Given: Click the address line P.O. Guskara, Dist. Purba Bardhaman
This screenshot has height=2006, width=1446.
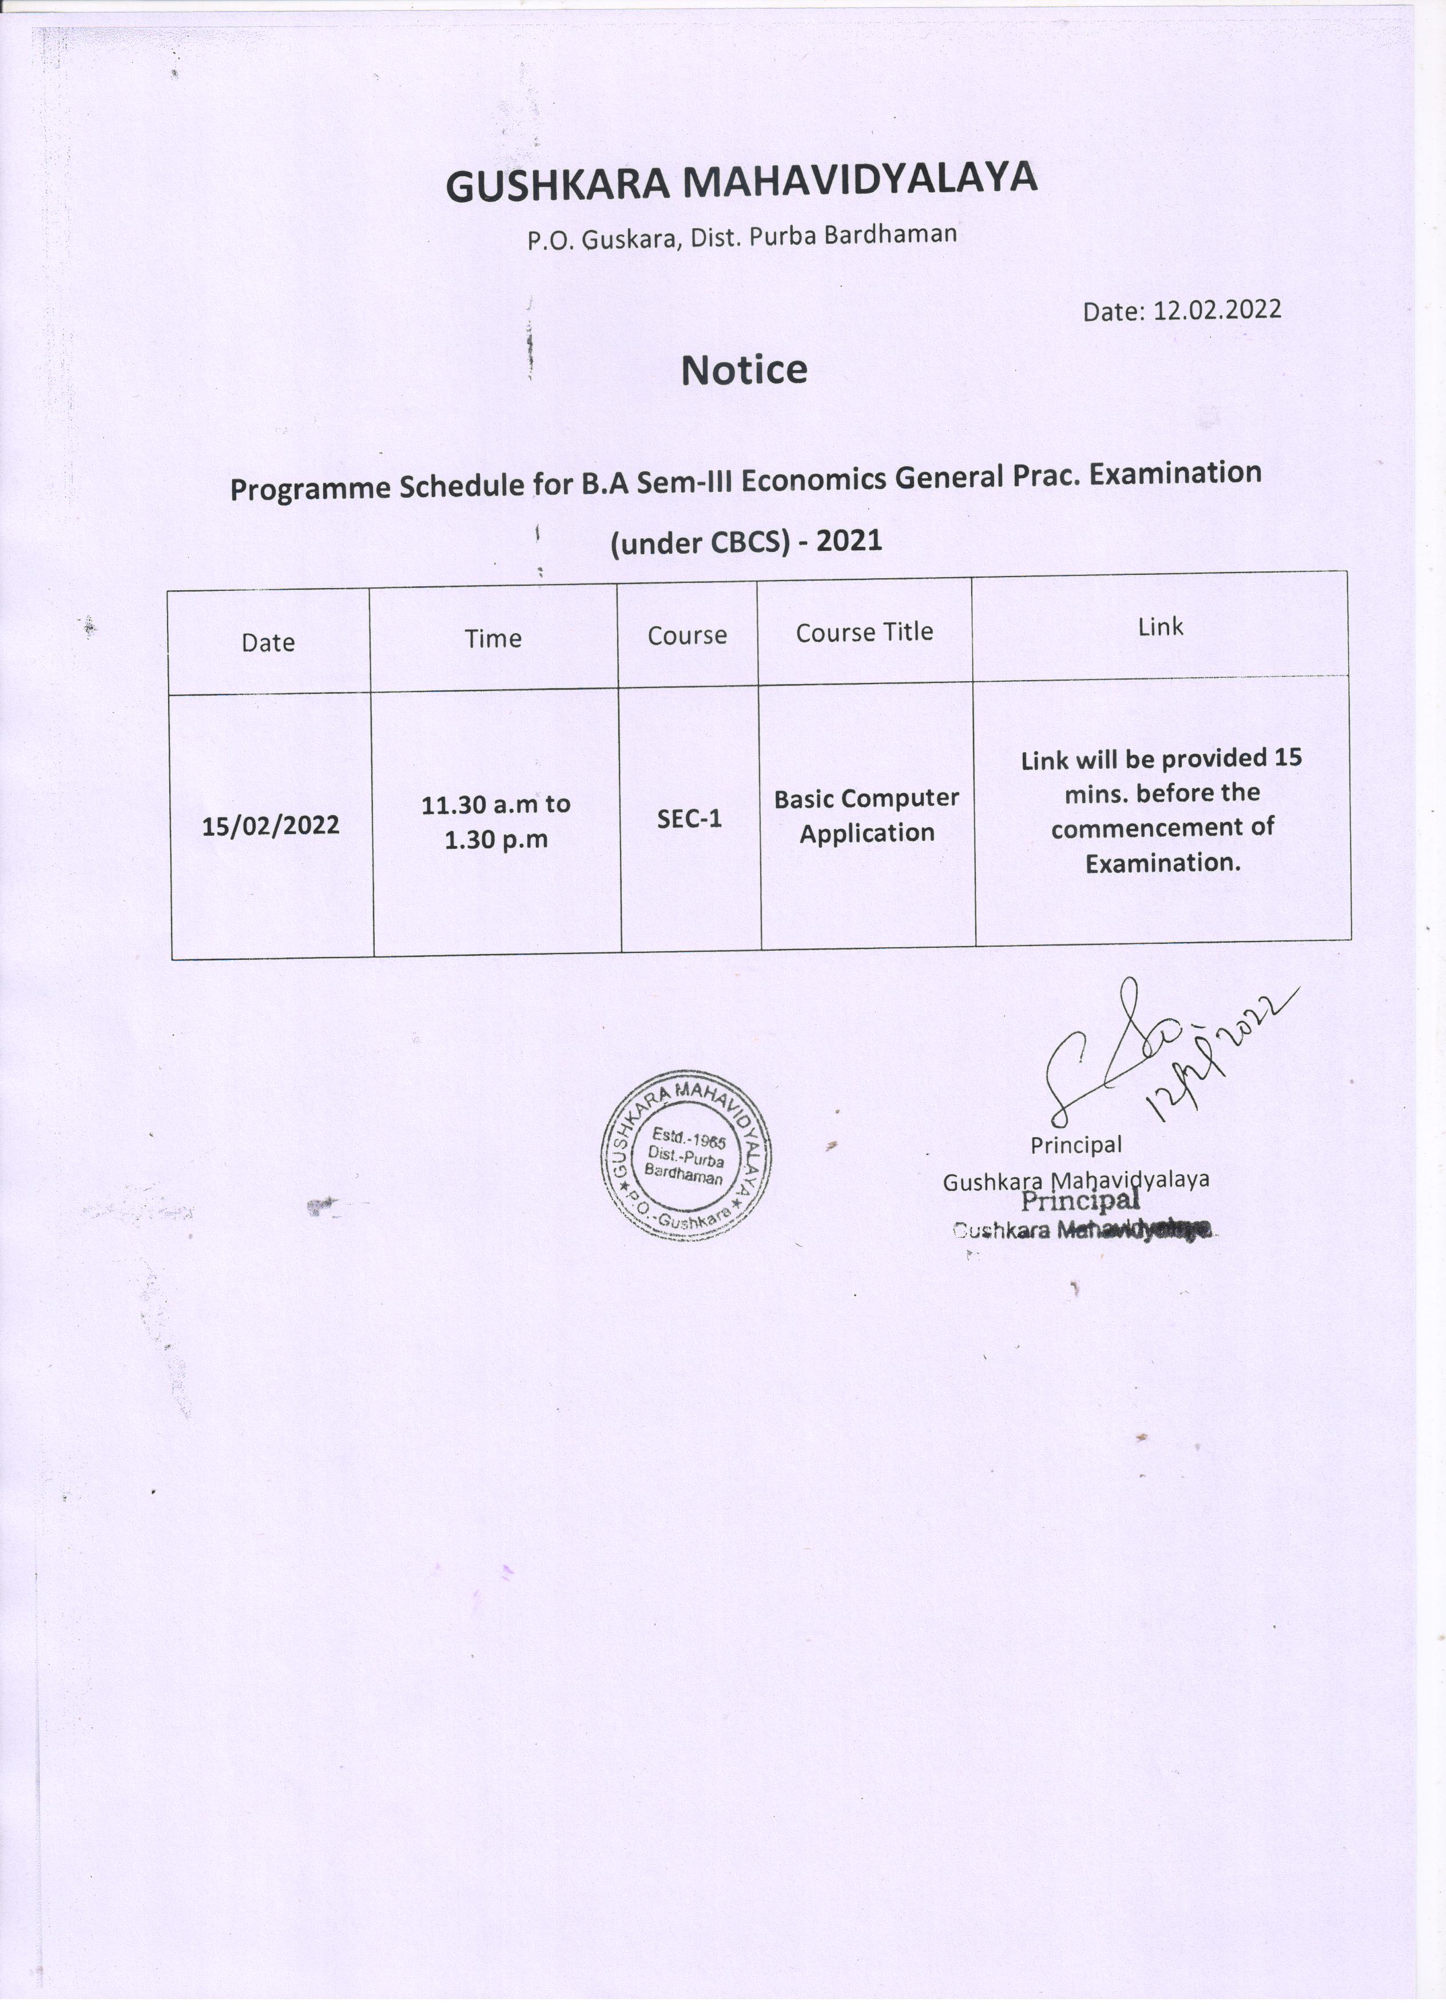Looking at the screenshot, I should [x=742, y=236].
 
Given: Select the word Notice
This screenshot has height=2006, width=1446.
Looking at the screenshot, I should [x=744, y=370].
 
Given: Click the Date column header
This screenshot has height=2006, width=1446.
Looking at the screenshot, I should [x=268, y=642].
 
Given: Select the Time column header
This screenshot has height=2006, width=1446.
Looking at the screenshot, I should [x=494, y=638].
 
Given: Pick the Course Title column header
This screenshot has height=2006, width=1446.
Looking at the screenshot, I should [x=864, y=633].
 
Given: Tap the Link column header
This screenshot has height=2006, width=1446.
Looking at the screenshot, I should [x=1161, y=627].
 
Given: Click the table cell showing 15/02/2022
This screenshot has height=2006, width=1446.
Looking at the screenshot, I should [x=271, y=826].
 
